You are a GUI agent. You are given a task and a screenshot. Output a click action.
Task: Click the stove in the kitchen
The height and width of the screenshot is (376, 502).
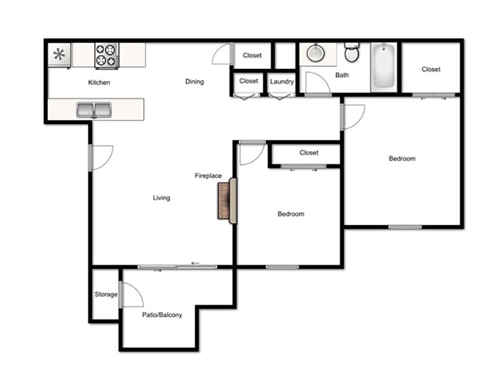coord(107,55)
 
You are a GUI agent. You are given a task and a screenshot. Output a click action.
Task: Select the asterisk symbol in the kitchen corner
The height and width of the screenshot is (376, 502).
coord(60,54)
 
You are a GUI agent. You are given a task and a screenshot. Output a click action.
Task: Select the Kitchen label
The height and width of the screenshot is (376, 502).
coord(99,82)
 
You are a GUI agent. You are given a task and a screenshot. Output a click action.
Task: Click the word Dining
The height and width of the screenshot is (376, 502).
coord(195,81)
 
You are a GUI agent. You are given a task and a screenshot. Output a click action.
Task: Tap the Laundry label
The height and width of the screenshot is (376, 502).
coord(282,81)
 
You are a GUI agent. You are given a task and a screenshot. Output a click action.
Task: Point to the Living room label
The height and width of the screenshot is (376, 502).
coord(161,198)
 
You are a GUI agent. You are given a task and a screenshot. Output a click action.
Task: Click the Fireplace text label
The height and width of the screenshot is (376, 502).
coord(208,176)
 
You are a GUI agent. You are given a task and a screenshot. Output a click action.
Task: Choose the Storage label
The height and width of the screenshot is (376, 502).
coord(106,295)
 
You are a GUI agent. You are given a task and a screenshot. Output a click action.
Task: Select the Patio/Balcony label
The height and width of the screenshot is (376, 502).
coord(161,315)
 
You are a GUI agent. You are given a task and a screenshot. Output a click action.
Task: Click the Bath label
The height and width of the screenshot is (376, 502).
coord(342,75)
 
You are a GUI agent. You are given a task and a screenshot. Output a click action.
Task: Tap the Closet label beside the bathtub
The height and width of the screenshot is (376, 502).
coord(431,70)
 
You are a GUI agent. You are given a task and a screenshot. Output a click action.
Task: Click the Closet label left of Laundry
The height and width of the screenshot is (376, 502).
coord(248,81)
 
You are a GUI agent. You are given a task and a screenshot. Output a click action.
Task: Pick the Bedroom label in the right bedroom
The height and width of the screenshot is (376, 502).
coord(402,159)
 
